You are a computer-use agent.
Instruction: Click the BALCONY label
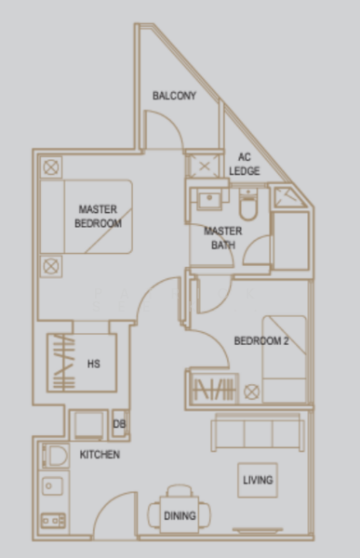[174, 96]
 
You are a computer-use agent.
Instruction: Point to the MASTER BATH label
[223, 238]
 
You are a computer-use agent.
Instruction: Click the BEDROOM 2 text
[260, 342]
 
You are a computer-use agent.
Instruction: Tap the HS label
[93, 364]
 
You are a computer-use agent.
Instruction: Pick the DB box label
[119, 425]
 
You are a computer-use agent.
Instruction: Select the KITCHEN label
[99, 455]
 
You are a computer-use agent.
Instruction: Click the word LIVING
[258, 481]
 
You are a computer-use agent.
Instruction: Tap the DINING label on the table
[180, 514]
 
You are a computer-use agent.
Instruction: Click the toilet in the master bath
[247, 201]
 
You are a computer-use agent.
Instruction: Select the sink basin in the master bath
[209, 198]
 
